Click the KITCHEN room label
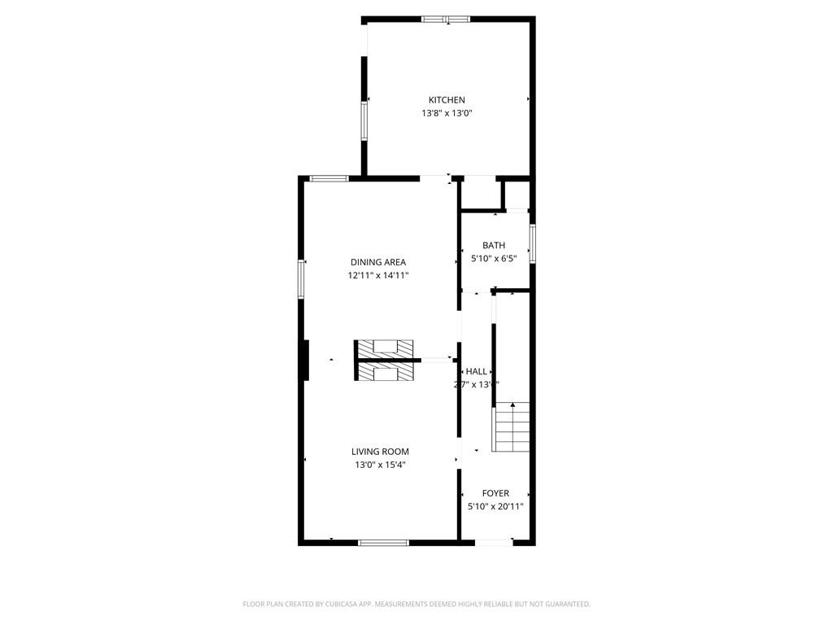(x=447, y=100)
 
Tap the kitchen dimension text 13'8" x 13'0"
(x=447, y=114)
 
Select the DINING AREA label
(x=377, y=262)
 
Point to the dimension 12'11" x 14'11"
(x=377, y=276)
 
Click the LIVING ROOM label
(x=380, y=452)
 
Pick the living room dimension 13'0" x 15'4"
(x=380, y=465)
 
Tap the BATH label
(x=494, y=245)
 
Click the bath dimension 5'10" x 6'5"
(x=494, y=259)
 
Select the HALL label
(x=477, y=371)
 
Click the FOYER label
(x=495, y=493)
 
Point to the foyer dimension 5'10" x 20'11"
(x=495, y=506)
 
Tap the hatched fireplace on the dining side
(x=384, y=347)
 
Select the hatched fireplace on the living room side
(x=384, y=372)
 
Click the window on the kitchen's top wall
(x=446, y=19)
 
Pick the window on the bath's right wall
(x=533, y=244)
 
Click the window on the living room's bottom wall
(x=383, y=542)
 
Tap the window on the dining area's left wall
(x=301, y=278)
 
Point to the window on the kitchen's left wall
(x=365, y=121)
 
